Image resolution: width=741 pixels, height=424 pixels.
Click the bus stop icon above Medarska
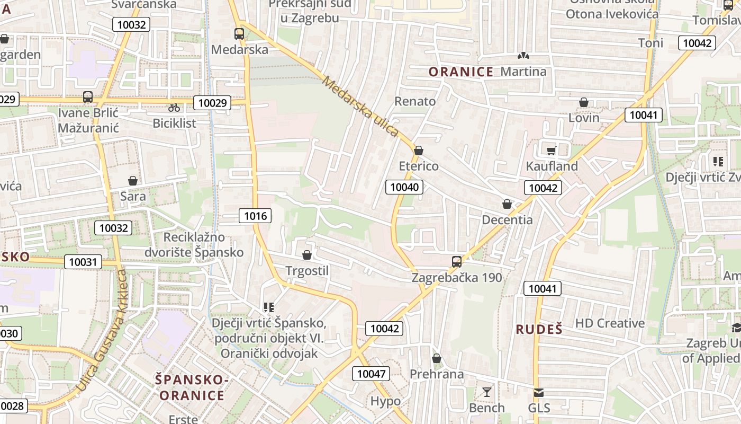[x=239, y=34]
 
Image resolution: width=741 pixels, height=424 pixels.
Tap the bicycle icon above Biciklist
[x=174, y=108]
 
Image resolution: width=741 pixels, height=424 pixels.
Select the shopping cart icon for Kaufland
[x=552, y=151]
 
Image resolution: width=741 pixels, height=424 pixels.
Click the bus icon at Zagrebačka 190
[x=456, y=261]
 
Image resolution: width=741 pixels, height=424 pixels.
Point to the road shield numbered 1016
[x=255, y=215]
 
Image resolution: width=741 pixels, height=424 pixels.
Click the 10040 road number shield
[x=404, y=187]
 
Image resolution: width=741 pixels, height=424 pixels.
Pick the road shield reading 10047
[x=371, y=374]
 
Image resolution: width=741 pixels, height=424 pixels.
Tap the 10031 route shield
[x=83, y=261]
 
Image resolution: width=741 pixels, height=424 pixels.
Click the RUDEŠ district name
[x=539, y=329]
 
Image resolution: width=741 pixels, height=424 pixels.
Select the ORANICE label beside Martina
[x=460, y=72]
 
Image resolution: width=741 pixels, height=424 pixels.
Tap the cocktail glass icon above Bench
[x=487, y=392]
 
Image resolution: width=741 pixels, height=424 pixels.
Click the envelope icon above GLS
[x=538, y=393]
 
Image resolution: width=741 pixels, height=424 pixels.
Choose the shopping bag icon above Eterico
[x=419, y=151]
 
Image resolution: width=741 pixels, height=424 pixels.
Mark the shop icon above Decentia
[x=507, y=204]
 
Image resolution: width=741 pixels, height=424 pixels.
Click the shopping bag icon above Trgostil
[x=306, y=255]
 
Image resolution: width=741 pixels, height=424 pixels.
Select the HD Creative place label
[x=610, y=323]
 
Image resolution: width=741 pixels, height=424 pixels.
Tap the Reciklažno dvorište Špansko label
[x=194, y=244]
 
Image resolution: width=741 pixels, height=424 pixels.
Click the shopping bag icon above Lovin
[x=584, y=102]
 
